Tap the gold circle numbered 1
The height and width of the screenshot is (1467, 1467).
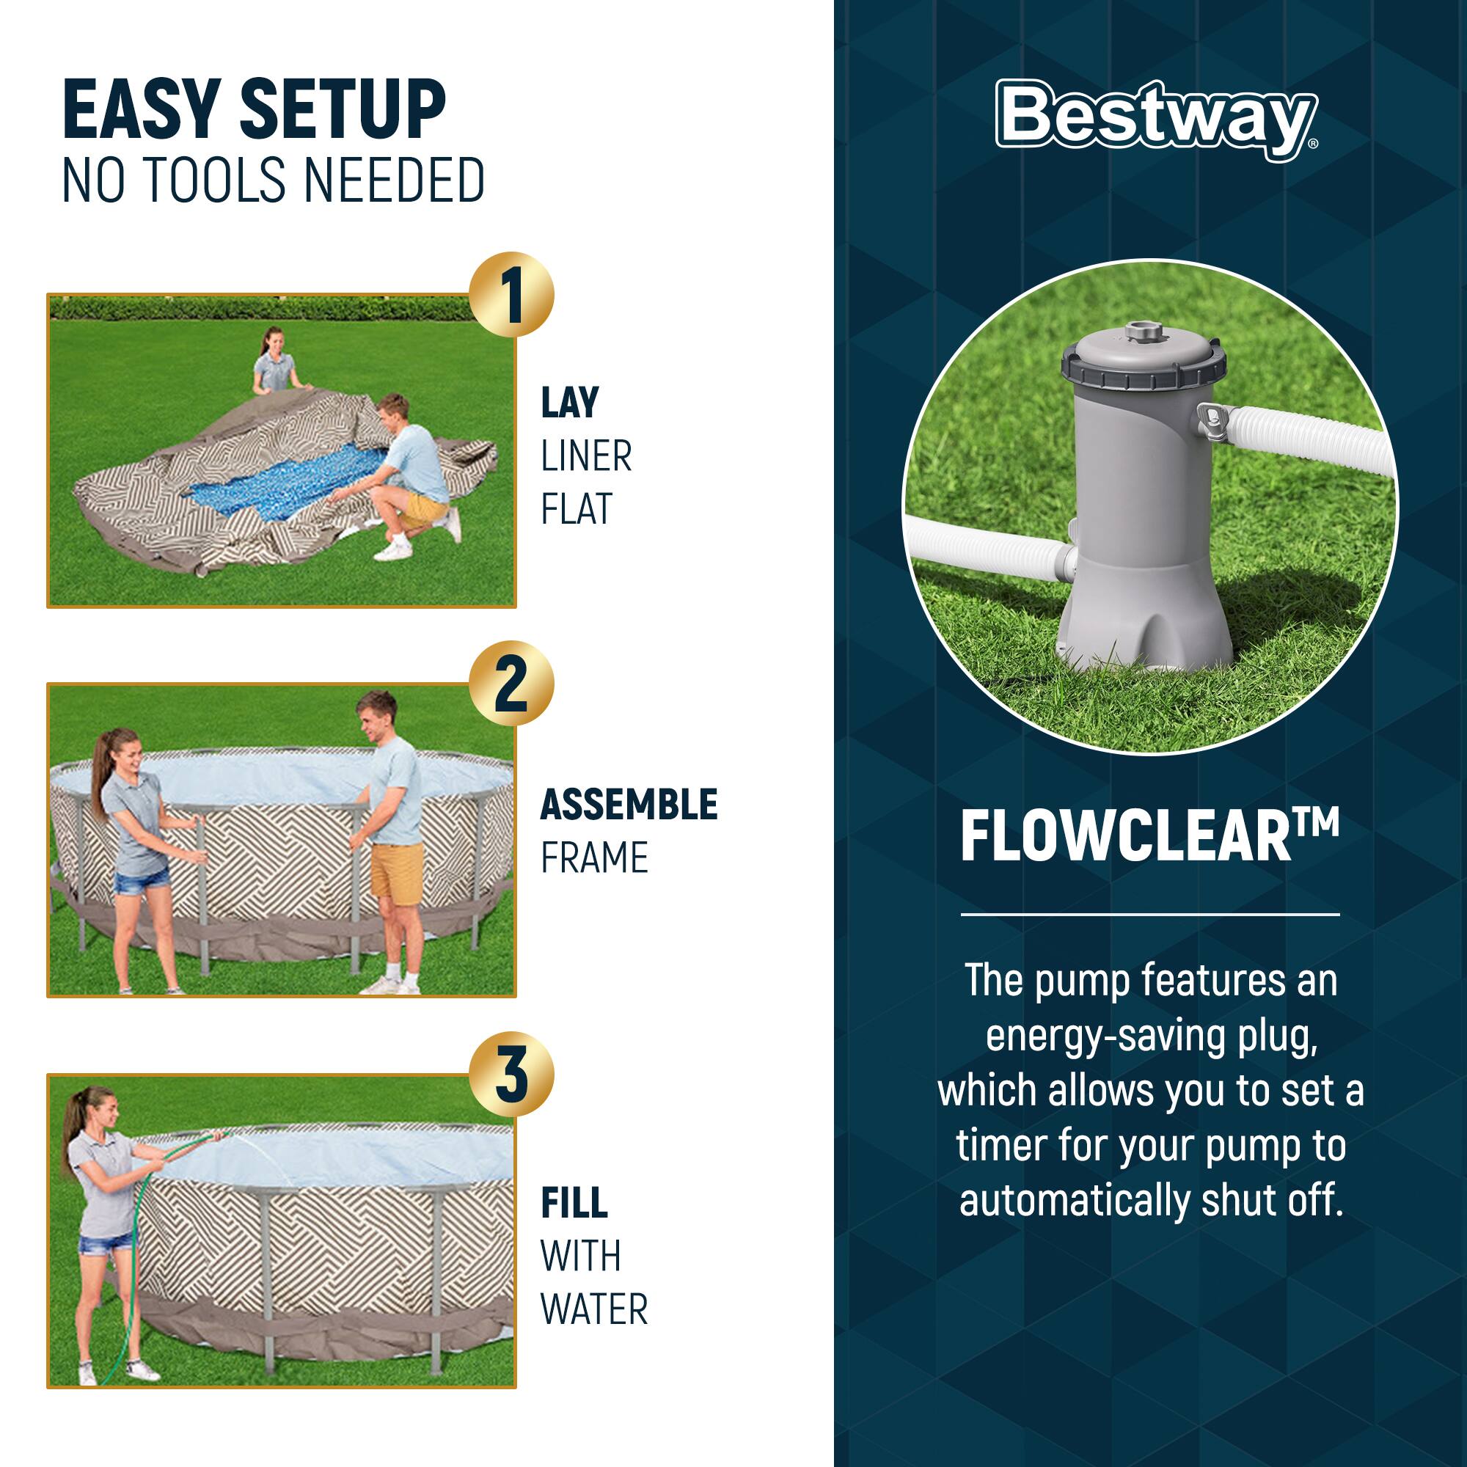click(x=511, y=295)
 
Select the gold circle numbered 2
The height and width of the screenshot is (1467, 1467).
click(x=511, y=684)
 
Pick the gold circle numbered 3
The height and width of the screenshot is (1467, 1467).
click(x=511, y=1075)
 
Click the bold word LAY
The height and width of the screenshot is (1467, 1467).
click(x=569, y=403)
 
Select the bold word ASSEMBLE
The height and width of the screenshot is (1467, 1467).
click(x=628, y=805)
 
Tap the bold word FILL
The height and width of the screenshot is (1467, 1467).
click(x=574, y=1203)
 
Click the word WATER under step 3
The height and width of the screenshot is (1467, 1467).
click(x=594, y=1309)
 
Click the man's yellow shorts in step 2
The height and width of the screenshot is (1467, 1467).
click(x=396, y=873)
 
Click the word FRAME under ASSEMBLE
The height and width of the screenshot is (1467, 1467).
click(x=594, y=858)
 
